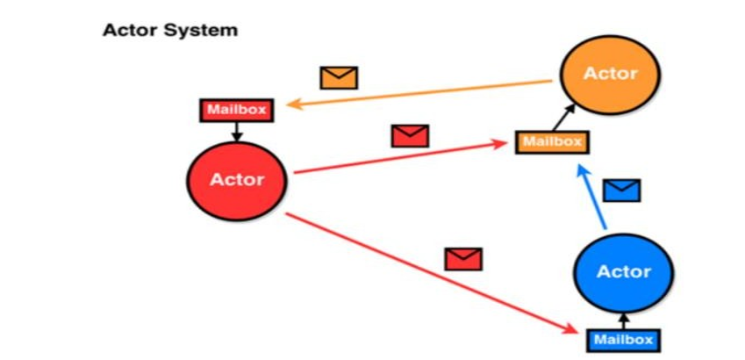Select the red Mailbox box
(235, 111)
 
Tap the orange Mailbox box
(552, 140)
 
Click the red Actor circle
(237, 180)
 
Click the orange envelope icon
(339, 77)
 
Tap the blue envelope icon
(621, 190)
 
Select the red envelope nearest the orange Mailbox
(410, 136)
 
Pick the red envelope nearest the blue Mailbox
(463, 259)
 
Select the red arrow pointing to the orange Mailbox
(404, 157)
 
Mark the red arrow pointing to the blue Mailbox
(430, 273)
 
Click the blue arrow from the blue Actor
(591, 198)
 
